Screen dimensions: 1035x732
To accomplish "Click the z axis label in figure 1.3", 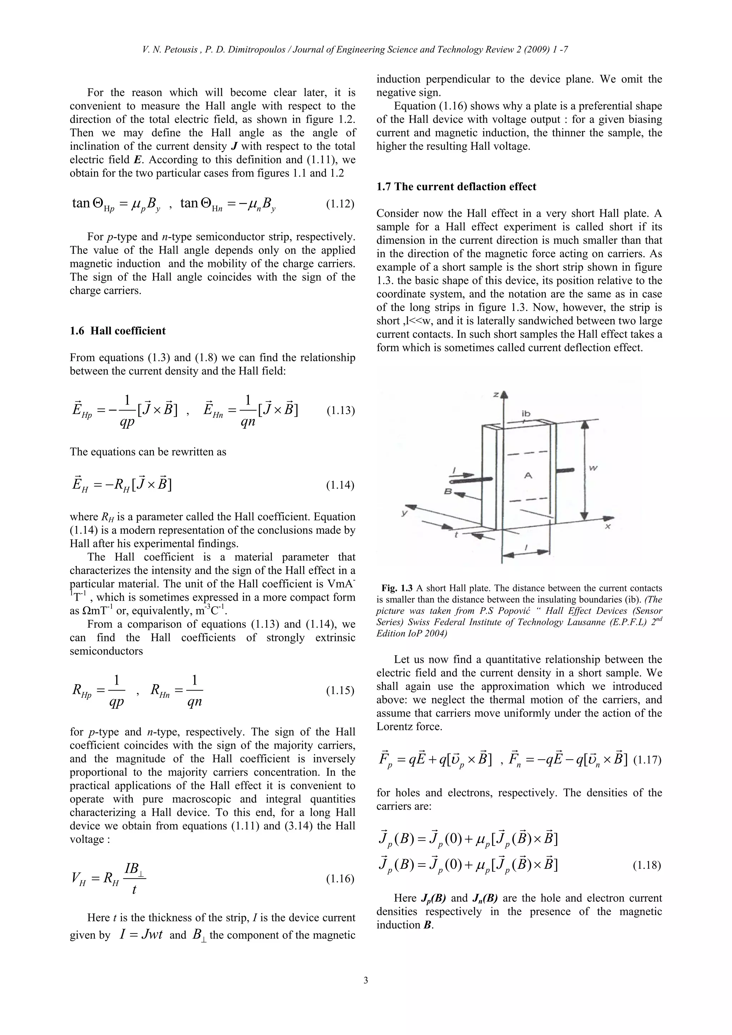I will [x=495, y=394].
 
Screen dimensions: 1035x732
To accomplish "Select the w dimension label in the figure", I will [x=594, y=469].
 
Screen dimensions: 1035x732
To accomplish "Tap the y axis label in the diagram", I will [x=405, y=513].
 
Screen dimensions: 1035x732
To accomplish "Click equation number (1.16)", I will [x=340, y=879].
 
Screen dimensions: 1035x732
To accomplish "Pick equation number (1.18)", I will [x=647, y=866].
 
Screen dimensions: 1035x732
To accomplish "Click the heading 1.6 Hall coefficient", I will [x=118, y=331].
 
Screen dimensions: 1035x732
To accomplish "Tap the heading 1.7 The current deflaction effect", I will [x=456, y=186].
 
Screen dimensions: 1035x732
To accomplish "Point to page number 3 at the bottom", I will [x=366, y=980].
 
